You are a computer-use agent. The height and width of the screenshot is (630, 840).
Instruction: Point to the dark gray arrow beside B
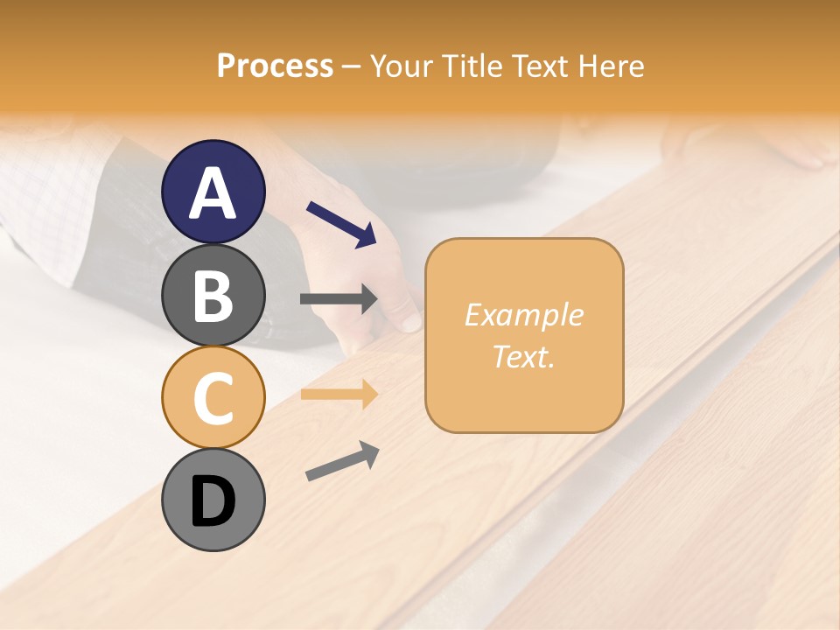point(339,299)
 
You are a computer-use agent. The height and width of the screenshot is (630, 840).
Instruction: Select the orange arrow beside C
point(339,395)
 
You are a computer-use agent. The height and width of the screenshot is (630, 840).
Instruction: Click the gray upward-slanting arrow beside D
point(342,461)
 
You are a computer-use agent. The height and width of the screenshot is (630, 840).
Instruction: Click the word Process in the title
point(275,66)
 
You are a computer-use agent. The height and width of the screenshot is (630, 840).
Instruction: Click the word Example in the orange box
point(523,315)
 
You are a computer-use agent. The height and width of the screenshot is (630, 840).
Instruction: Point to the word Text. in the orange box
point(523,356)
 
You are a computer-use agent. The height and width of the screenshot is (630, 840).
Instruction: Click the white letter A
point(213,193)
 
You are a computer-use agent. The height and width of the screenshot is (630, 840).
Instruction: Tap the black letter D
point(213,502)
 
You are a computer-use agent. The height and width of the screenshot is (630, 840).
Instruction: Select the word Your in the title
point(402,66)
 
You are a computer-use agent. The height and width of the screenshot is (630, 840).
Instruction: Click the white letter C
point(213,398)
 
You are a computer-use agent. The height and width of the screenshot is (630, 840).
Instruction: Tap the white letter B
point(213,296)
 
